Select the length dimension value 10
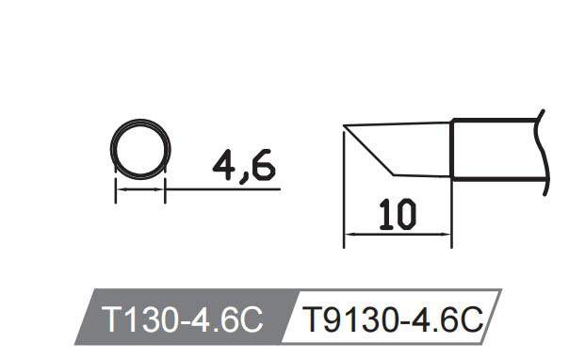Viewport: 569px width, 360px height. pyautogui.click(x=394, y=215)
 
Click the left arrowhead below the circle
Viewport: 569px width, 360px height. pyautogui.click(x=120, y=189)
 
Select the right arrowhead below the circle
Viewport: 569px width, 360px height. pyautogui.click(x=160, y=189)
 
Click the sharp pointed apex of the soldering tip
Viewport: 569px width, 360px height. pyautogui.click(x=345, y=126)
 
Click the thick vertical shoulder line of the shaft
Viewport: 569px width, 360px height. pyautogui.click(x=452, y=149)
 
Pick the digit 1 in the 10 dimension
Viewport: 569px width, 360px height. pyautogui.click(x=382, y=215)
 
